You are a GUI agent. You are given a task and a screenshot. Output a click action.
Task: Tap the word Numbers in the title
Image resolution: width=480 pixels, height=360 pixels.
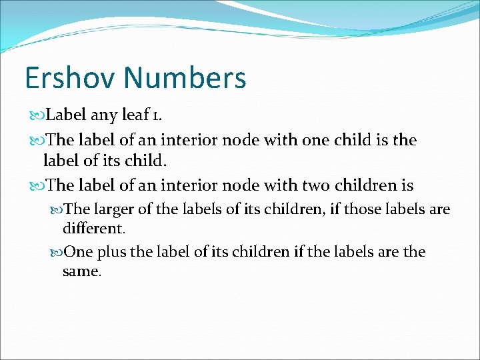[x=186, y=78]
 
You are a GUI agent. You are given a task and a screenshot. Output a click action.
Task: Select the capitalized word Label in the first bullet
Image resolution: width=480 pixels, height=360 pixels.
[x=66, y=115]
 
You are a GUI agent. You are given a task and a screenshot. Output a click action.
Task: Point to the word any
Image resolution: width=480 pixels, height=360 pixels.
[x=104, y=115]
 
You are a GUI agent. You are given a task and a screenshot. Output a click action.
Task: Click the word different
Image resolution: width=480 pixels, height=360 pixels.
[x=93, y=229]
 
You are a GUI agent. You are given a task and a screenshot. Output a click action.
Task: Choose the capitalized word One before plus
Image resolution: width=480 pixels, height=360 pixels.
[x=80, y=252]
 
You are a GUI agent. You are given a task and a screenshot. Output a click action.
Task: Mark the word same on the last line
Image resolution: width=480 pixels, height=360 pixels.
[x=81, y=271]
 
